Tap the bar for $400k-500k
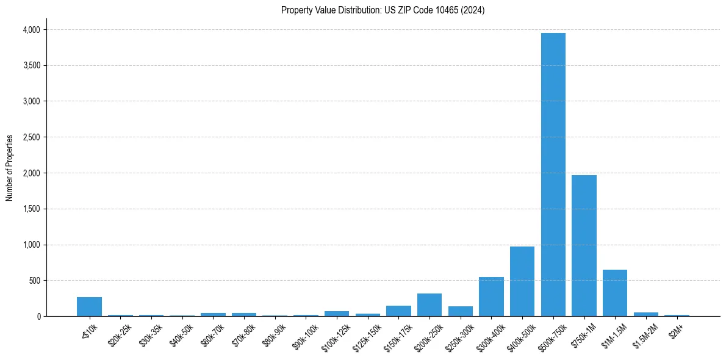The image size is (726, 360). (522, 281)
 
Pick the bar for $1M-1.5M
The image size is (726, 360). (615, 293)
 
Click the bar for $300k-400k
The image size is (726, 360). (491, 297)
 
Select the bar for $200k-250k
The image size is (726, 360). (429, 304)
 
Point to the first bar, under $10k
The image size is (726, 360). (89, 306)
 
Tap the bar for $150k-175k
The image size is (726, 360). (398, 311)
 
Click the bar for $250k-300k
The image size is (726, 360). (461, 311)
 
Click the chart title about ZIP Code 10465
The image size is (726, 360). (383, 10)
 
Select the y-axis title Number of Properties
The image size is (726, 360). (10, 168)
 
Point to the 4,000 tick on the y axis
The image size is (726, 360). (31, 30)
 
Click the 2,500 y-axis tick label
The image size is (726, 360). (31, 137)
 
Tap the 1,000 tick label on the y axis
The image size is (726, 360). (31, 245)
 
